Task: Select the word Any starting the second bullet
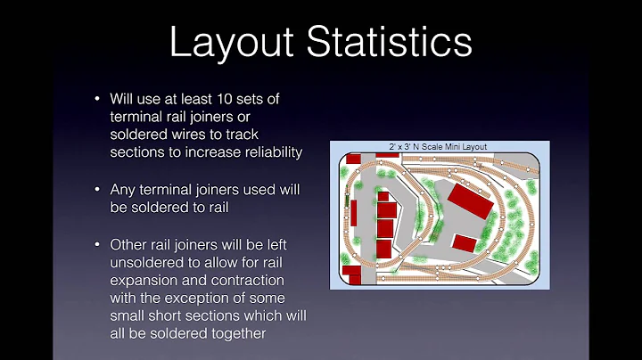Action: (x=122, y=190)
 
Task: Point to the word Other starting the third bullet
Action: (x=128, y=243)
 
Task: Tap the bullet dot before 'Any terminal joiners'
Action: (x=96, y=190)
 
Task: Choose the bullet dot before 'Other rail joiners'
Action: (x=96, y=243)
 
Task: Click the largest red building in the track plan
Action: (x=471, y=201)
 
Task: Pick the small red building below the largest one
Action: (x=464, y=242)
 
